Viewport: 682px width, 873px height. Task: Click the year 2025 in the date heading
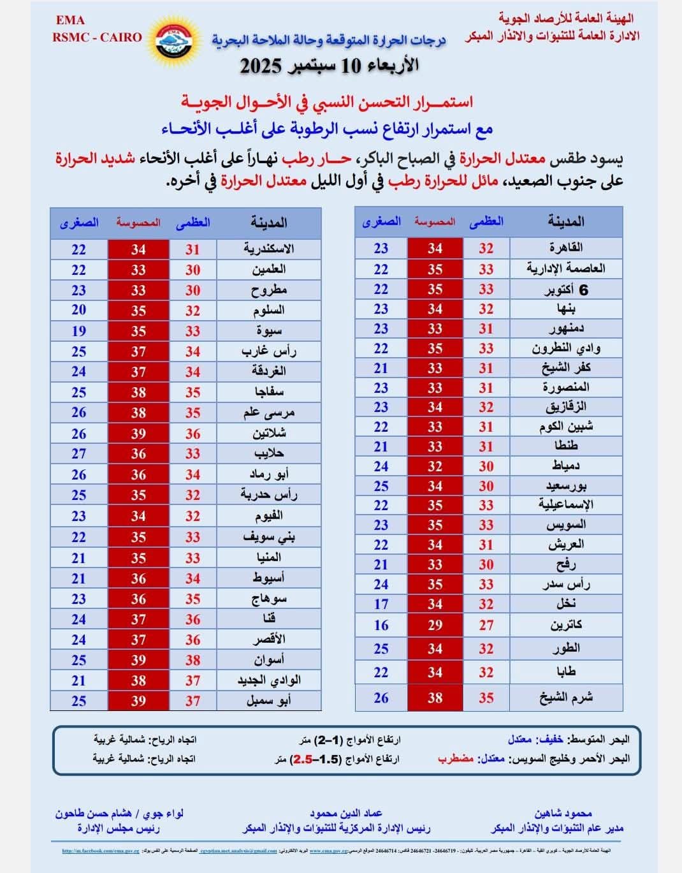click(261, 66)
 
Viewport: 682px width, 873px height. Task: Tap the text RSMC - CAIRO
click(97, 37)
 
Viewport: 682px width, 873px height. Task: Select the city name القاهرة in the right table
click(566, 247)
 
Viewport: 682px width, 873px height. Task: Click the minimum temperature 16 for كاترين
click(381, 625)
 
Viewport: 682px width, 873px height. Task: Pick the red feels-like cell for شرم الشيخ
click(435, 698)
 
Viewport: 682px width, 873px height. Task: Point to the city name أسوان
click(269, 660)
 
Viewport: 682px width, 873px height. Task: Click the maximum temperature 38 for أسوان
click(193, 660)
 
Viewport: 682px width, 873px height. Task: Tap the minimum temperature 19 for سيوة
click(78, 331)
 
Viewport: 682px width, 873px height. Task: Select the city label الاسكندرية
click(268, 249)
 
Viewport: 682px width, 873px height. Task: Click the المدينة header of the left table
click(268, 222)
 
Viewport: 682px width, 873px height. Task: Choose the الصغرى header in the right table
click(381, 221)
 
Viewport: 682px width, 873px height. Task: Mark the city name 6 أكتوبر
click(566, 289)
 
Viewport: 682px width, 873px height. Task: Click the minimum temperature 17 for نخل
click(381, 604)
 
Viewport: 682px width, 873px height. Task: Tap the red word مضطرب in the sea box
click(455, 758)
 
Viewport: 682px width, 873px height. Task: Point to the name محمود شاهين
click(563, 813)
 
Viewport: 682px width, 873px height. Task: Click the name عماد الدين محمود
click(346, 813)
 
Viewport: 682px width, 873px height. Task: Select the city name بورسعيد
click(566, 486)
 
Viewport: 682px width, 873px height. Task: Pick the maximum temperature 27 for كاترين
click(486, 625)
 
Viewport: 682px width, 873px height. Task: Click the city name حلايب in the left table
click(269, 454)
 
